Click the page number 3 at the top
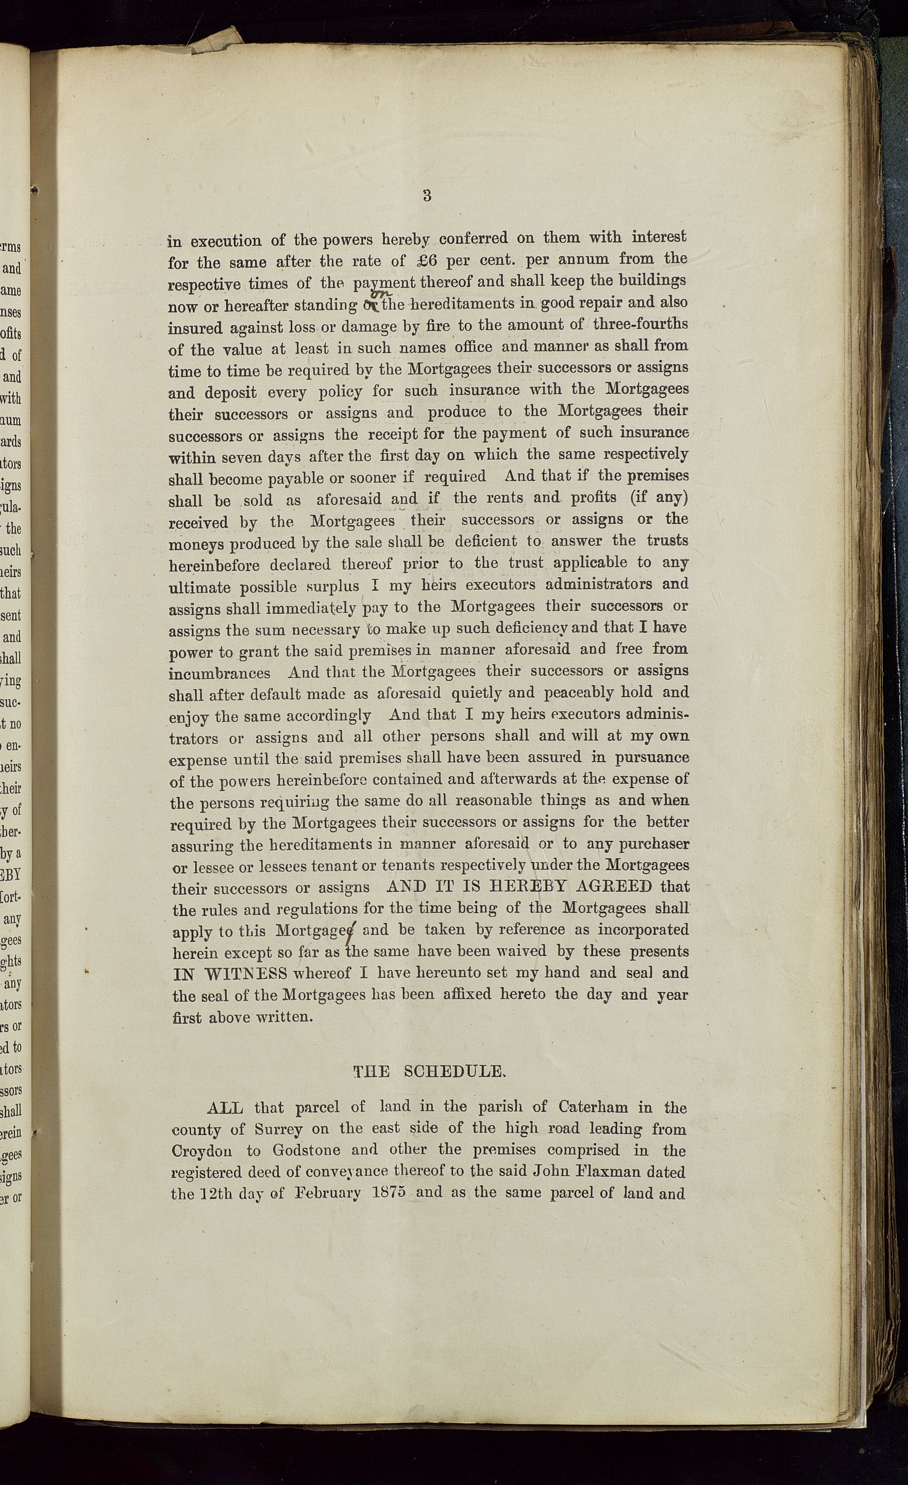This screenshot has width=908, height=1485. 427,195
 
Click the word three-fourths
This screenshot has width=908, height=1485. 640,324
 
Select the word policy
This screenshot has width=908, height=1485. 341,392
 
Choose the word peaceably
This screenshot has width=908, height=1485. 590,693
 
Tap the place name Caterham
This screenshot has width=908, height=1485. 593,1108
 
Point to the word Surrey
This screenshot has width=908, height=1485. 278,1129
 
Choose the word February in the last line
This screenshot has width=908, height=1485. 328,1194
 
